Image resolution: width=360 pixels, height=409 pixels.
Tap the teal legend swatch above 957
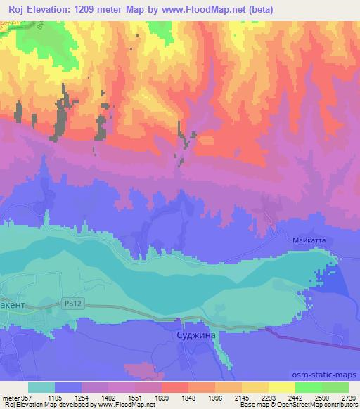[41, 387]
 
